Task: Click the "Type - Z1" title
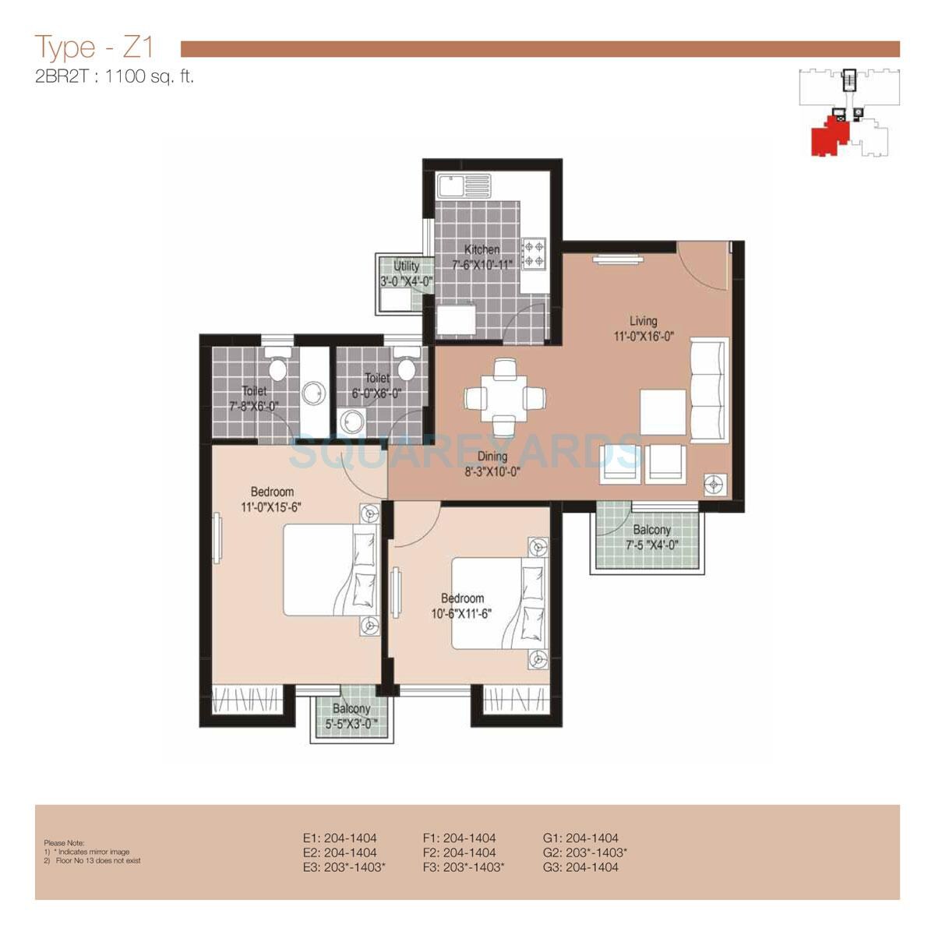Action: [94, 48]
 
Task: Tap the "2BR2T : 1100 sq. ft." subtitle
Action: [114, 77]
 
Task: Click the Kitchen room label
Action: [482, 249]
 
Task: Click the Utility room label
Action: [406, 266]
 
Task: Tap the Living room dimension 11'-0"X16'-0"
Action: [643, 337]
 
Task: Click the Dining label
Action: [492, 457]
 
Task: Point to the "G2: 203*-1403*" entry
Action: [584, 852]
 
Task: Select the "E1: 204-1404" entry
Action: [340, 838]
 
